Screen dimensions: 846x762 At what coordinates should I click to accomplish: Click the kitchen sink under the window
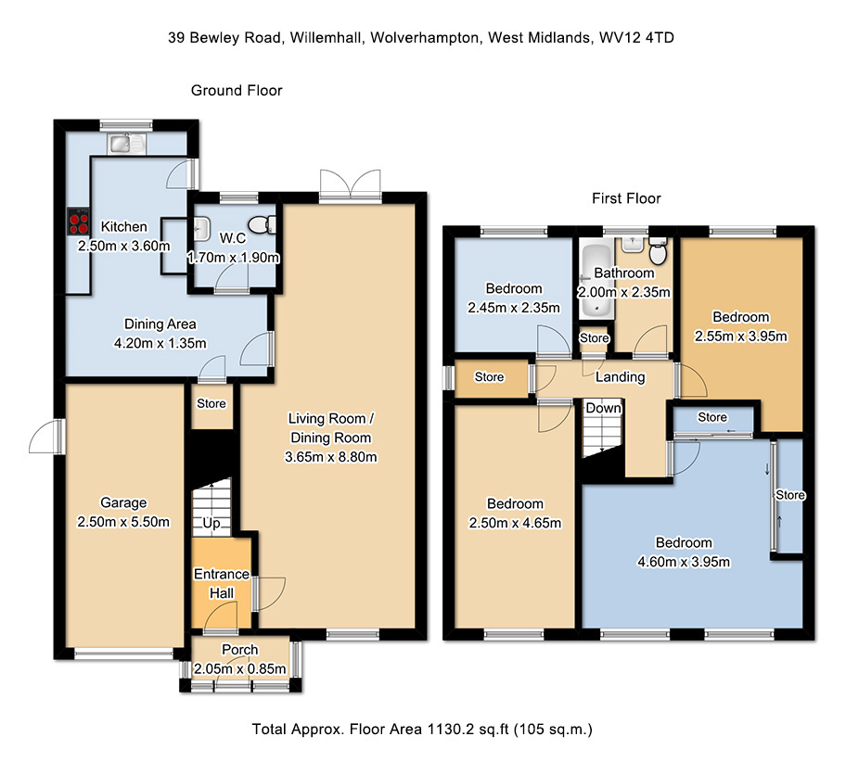126,144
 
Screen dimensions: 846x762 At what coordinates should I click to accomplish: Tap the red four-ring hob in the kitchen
79,222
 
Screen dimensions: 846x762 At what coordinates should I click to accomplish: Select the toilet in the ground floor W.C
263,224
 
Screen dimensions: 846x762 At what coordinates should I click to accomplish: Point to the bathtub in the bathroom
596,281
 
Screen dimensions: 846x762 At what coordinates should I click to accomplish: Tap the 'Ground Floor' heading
237,90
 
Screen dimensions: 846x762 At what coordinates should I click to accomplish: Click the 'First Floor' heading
626,198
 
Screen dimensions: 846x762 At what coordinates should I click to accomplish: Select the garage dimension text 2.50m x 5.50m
123,522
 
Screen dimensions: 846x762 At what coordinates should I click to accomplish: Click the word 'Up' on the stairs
211,523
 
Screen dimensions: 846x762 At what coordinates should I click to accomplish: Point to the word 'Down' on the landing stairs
604,408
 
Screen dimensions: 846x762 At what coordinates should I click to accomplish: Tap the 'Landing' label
620,377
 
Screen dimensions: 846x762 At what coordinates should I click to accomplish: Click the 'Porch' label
240,650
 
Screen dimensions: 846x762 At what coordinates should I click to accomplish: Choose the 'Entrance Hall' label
221,583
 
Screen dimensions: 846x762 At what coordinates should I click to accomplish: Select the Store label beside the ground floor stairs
211,403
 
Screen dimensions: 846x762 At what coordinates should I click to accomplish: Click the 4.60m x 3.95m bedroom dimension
684,562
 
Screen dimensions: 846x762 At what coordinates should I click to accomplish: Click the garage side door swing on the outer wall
45,436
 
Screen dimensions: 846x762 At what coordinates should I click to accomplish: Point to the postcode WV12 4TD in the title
636,38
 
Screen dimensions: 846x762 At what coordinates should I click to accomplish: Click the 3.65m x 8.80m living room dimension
331,457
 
